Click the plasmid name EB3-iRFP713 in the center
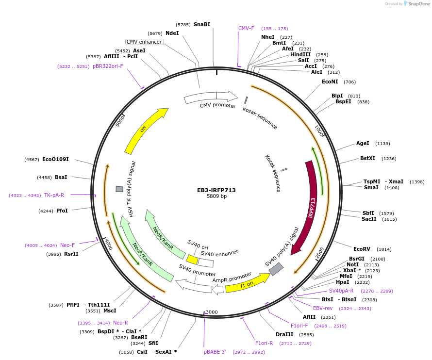[216, 190]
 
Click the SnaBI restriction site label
[201, 24]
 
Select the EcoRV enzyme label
[362, 249]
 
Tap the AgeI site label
[363, 143]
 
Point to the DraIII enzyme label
[284, 334]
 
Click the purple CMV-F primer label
[246, 28]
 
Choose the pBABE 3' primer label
[215, 352]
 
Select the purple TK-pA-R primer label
[54, 195]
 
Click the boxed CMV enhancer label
[144, 42]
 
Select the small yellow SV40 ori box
[192, 260]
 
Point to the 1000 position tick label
[319, 131]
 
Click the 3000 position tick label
[212, 312]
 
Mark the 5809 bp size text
[216, 196]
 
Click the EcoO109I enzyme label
[55, 159]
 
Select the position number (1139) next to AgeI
[382, 144]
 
